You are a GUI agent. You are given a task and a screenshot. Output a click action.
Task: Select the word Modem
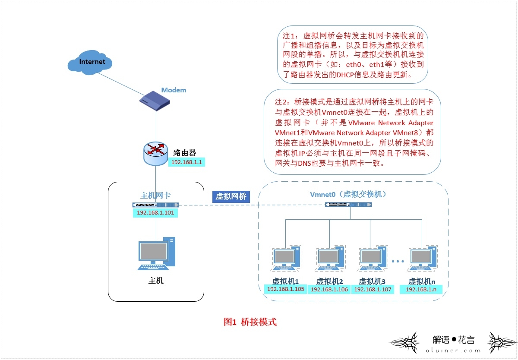[174, 90]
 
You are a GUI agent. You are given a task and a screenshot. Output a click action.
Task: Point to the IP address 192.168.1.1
[187, 162]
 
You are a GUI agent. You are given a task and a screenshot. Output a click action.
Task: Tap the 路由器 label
[185, 152]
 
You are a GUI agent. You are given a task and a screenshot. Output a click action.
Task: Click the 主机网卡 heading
[155, 196]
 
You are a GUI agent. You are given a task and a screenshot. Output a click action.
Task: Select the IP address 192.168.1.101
[155, 213]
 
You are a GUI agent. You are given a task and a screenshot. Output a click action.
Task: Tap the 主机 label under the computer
[156, 281]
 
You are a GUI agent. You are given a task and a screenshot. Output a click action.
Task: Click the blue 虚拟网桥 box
[231, 196]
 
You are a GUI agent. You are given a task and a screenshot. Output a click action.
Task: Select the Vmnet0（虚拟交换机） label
[348, 195]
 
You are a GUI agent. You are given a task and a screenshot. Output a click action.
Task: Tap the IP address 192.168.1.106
[329, 289]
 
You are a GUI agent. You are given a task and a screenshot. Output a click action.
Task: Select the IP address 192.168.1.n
[421, 289]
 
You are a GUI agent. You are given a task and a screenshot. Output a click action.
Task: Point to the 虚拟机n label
[423, 281]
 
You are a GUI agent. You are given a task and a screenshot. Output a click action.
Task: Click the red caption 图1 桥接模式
[250, 322]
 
